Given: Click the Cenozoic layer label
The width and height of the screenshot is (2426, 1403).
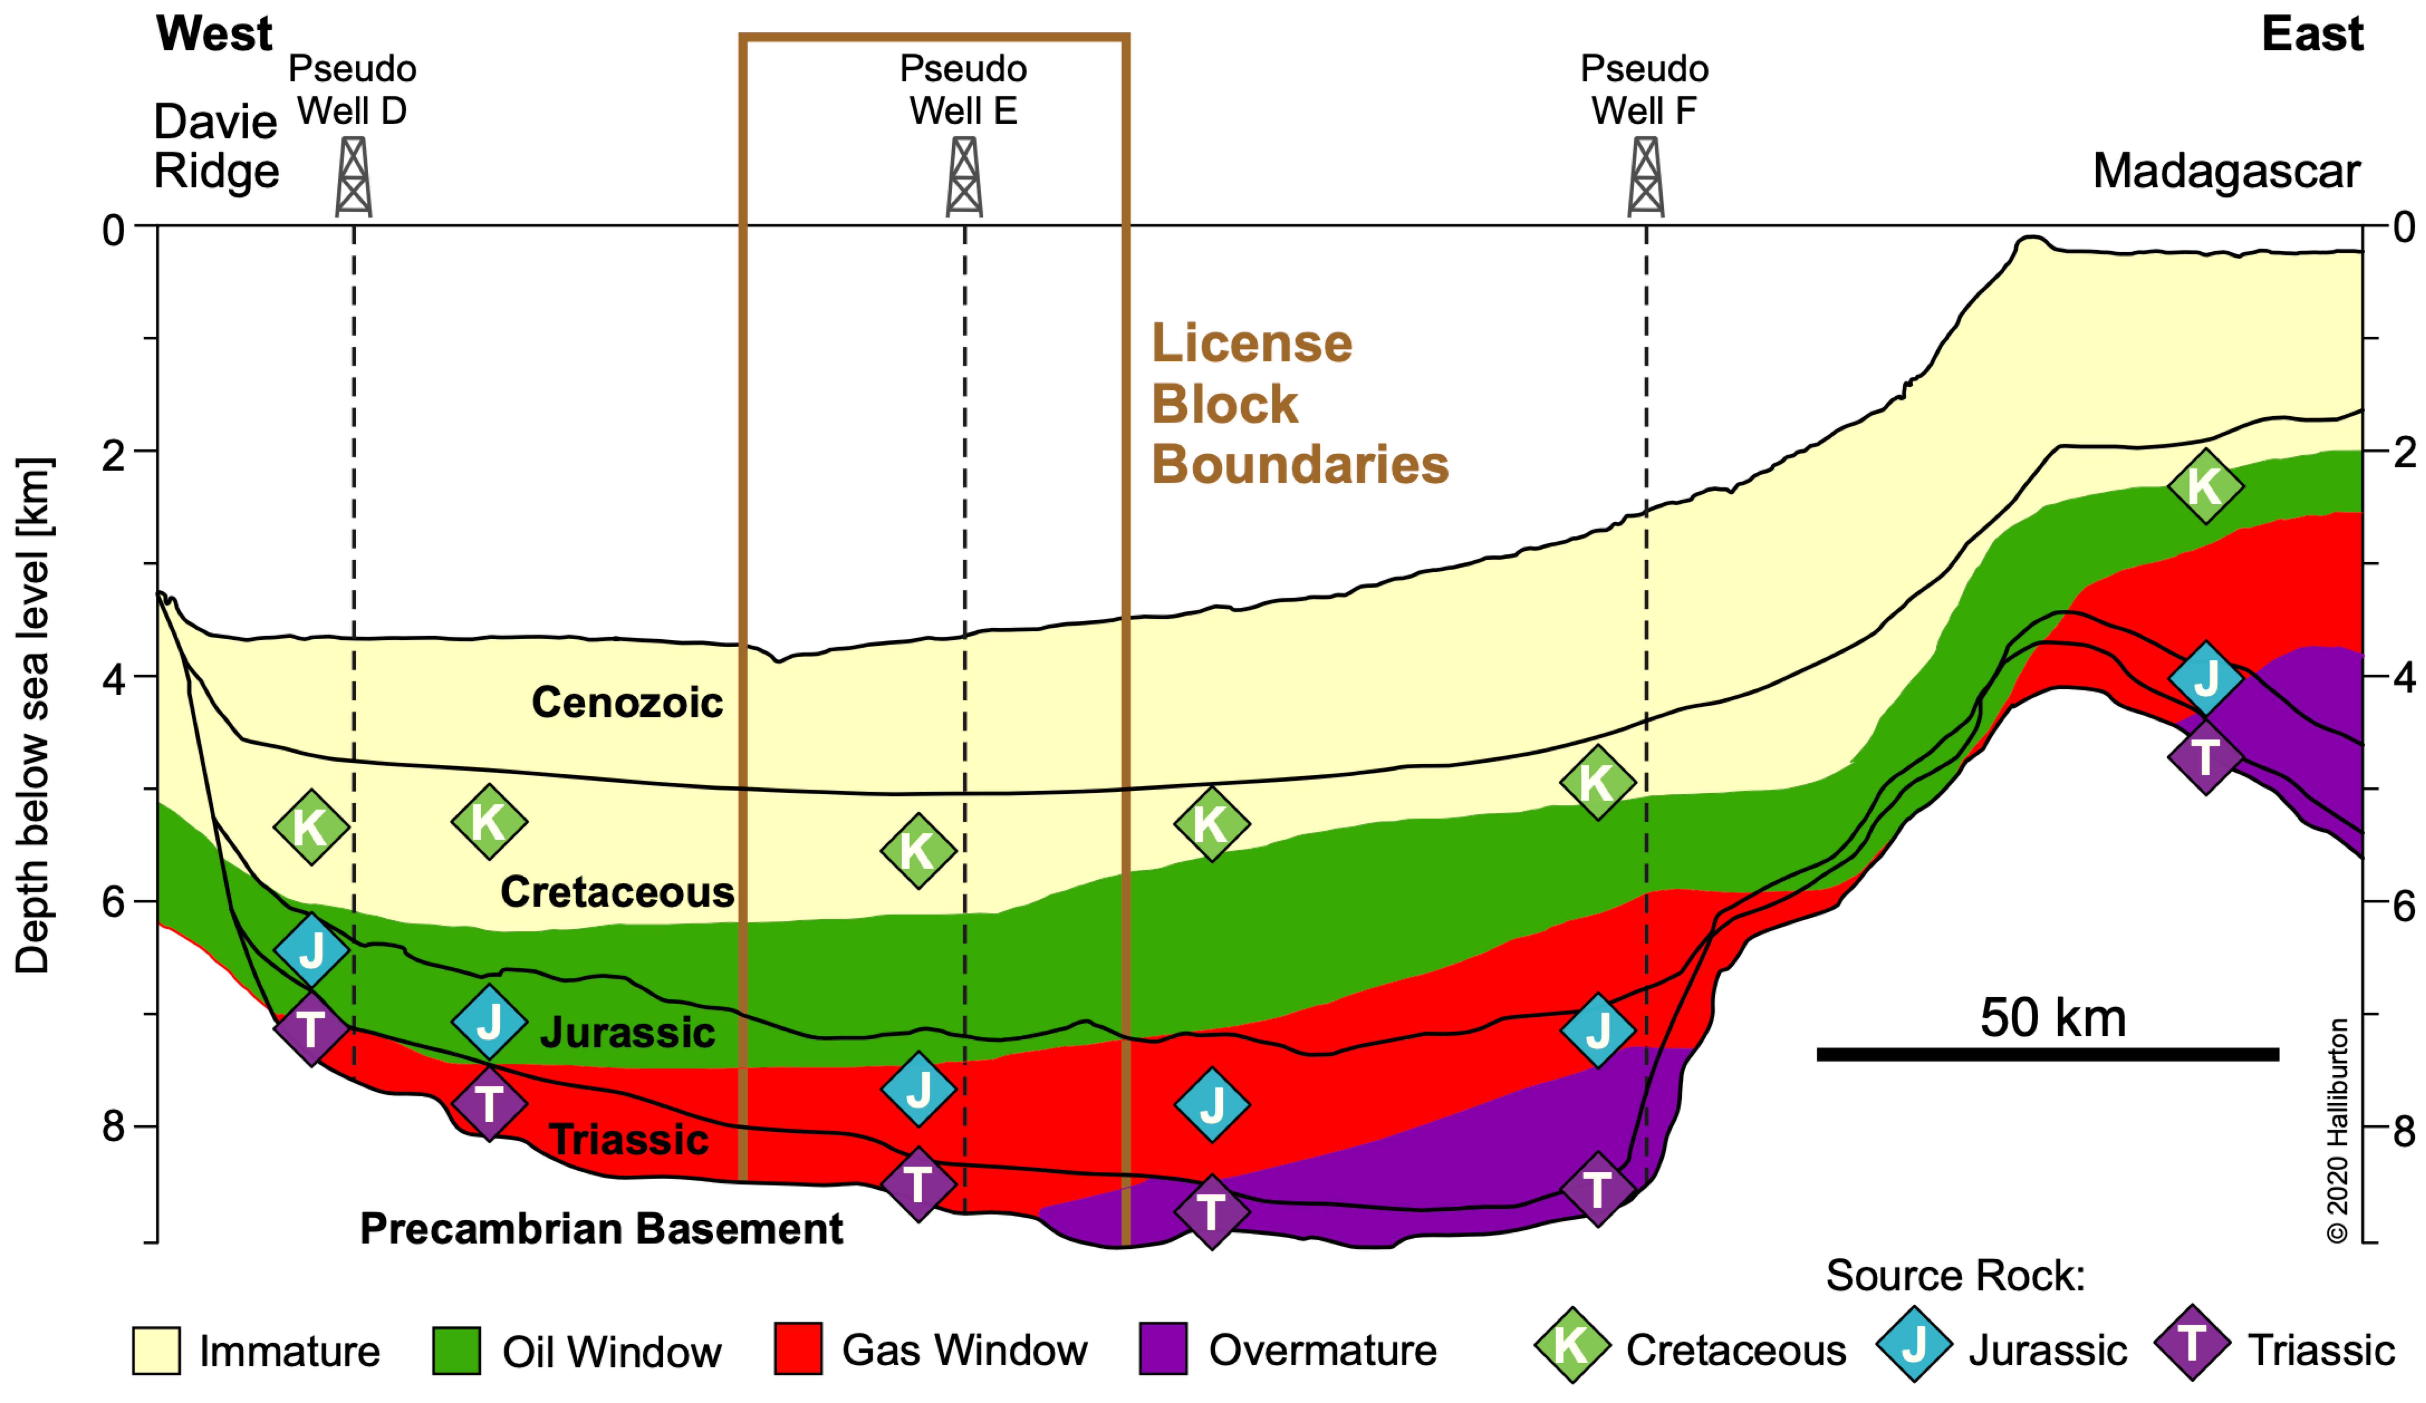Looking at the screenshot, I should (x=627, y=702).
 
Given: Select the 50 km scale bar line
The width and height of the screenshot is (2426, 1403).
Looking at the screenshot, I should (x=2048, y=1054).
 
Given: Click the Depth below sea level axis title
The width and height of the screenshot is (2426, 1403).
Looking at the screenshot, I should (x=34, y=715).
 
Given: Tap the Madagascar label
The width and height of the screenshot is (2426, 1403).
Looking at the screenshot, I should (x=2226, y=171).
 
